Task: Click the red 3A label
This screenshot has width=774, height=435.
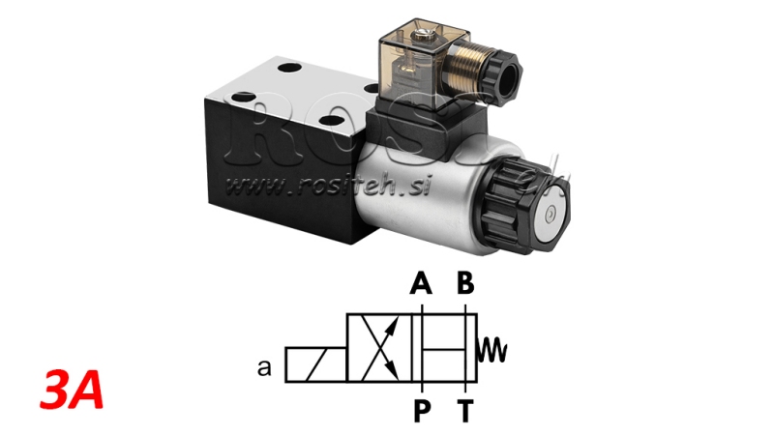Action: [x=73, y=392]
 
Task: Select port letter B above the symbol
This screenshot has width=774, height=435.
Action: [x=465, y=284]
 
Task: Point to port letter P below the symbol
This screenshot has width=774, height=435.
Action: [x=421, y=410]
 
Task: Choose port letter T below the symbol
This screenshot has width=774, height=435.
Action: [x=465, y=410]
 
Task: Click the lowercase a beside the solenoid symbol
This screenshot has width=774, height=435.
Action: [x=263, y=367]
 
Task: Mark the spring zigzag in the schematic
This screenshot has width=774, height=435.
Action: [x=493, y=346]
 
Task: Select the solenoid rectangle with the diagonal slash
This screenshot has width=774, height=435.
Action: [x=314, y=367]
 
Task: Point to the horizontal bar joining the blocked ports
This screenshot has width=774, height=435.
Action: [x=444, y=348]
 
